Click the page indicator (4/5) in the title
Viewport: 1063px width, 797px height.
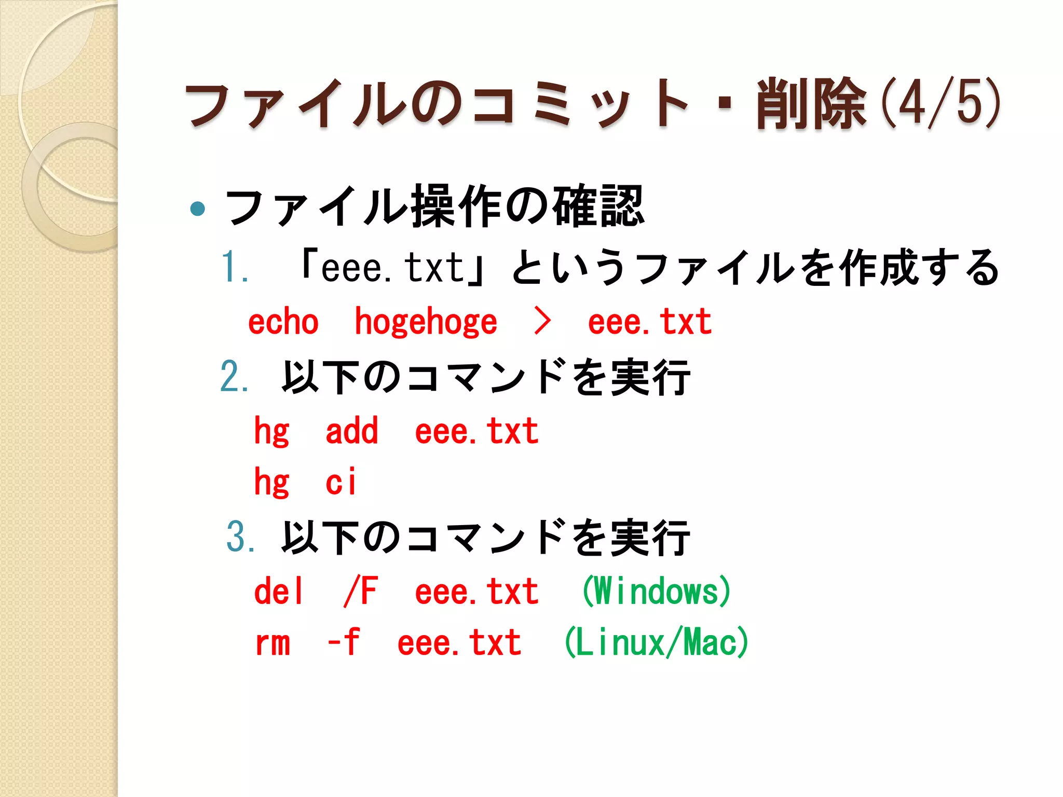tap(942, 103)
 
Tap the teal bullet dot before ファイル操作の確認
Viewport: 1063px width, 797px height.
tap(197, 209)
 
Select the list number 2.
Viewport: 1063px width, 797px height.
tap(234, 377)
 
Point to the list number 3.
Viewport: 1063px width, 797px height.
tap(240, 537)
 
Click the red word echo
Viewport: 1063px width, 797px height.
tap(283, 322)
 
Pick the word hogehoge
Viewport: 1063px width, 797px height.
tap(426, 322)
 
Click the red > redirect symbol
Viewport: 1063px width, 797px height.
tap(542, 321)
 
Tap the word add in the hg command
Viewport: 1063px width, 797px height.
tap(352, 431)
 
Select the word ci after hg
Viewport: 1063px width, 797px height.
tap(341, 482)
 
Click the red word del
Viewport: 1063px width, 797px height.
tap(278, 592)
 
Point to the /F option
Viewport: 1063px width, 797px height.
tap(361, 592)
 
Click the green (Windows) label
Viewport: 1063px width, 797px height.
tap(656, 592)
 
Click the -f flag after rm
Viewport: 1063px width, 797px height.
tap(344, 642)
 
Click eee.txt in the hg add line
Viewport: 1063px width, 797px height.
tap(476, 432)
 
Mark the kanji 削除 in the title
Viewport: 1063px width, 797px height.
tap(811, 104)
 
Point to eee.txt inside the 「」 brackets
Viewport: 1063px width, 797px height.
tap(392, 268)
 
